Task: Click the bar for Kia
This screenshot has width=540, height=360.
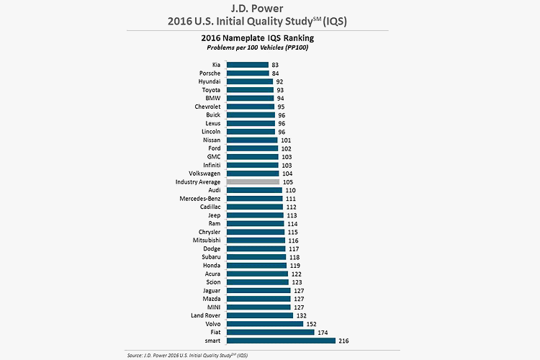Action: point(248,65)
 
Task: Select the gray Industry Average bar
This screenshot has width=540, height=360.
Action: point(253,182)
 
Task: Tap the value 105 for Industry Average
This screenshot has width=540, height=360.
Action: point(289,182)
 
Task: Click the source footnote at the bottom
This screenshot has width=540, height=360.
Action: point(192,355)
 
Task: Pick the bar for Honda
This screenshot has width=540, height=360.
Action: point(257,266)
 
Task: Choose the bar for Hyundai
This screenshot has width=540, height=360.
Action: point(250,81)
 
